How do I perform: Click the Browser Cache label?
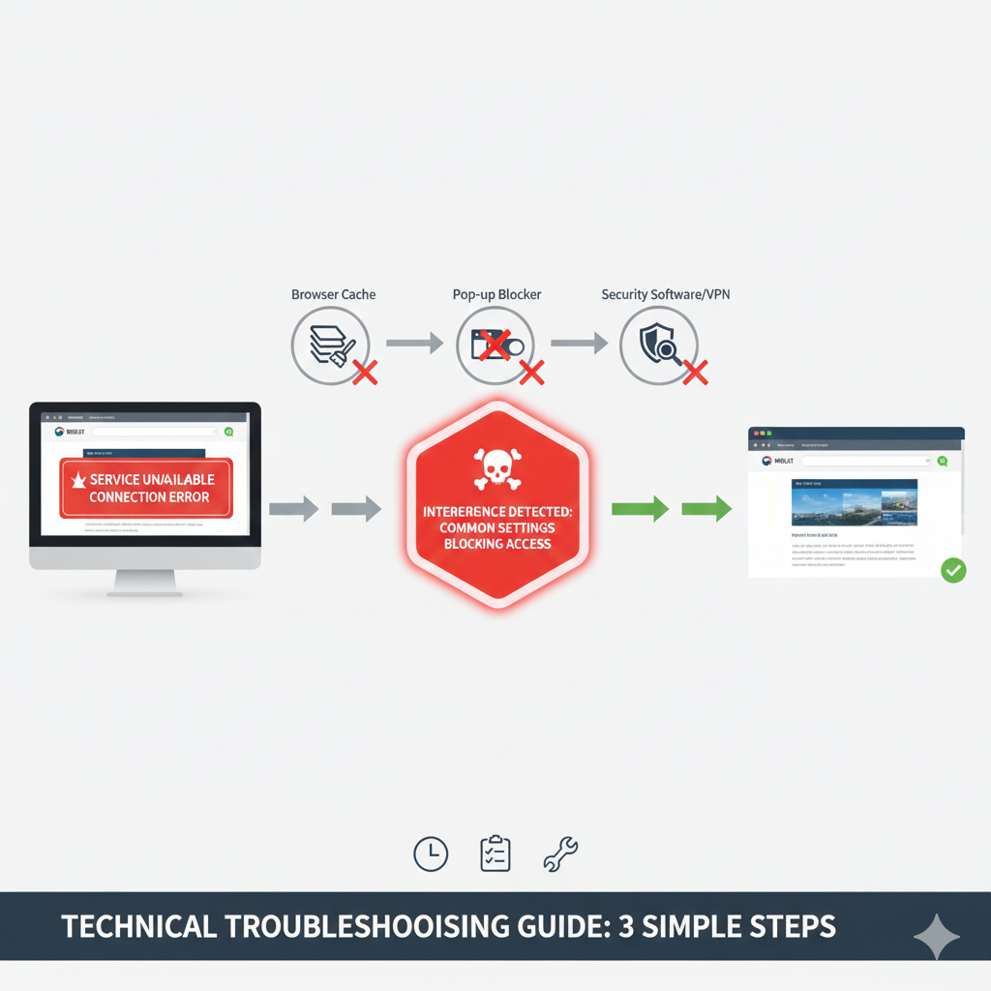pyautogui.click(x=333, y=294)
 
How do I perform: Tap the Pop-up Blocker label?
pyautogui.click(x=497, y=294)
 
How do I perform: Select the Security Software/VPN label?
pyautogui.click(x=665, y=294)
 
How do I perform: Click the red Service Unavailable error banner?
pyautogui.click(x=147, y=488)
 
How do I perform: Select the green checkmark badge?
pyautogui.click(x=953, y=570)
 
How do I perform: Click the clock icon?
pyautogui.click(x=431, y=853)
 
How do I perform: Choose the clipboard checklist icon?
pyautogui.click(x=495, y=853)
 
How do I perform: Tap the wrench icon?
pyautogui.click(x=561, y=853)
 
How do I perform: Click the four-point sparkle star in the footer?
pyautogui.click(x=937, y=936)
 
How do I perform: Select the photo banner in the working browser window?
pyautogui.click(x=854, y=502)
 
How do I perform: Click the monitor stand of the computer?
pyautogui.click(x=145, y=582)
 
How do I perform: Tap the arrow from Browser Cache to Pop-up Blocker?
pyautogui.click(x=414, y=343)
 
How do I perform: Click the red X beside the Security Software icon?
pyautogui.click(x=695, y=372)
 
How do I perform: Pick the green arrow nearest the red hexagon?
pyautogui.click(x=640, y=507)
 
